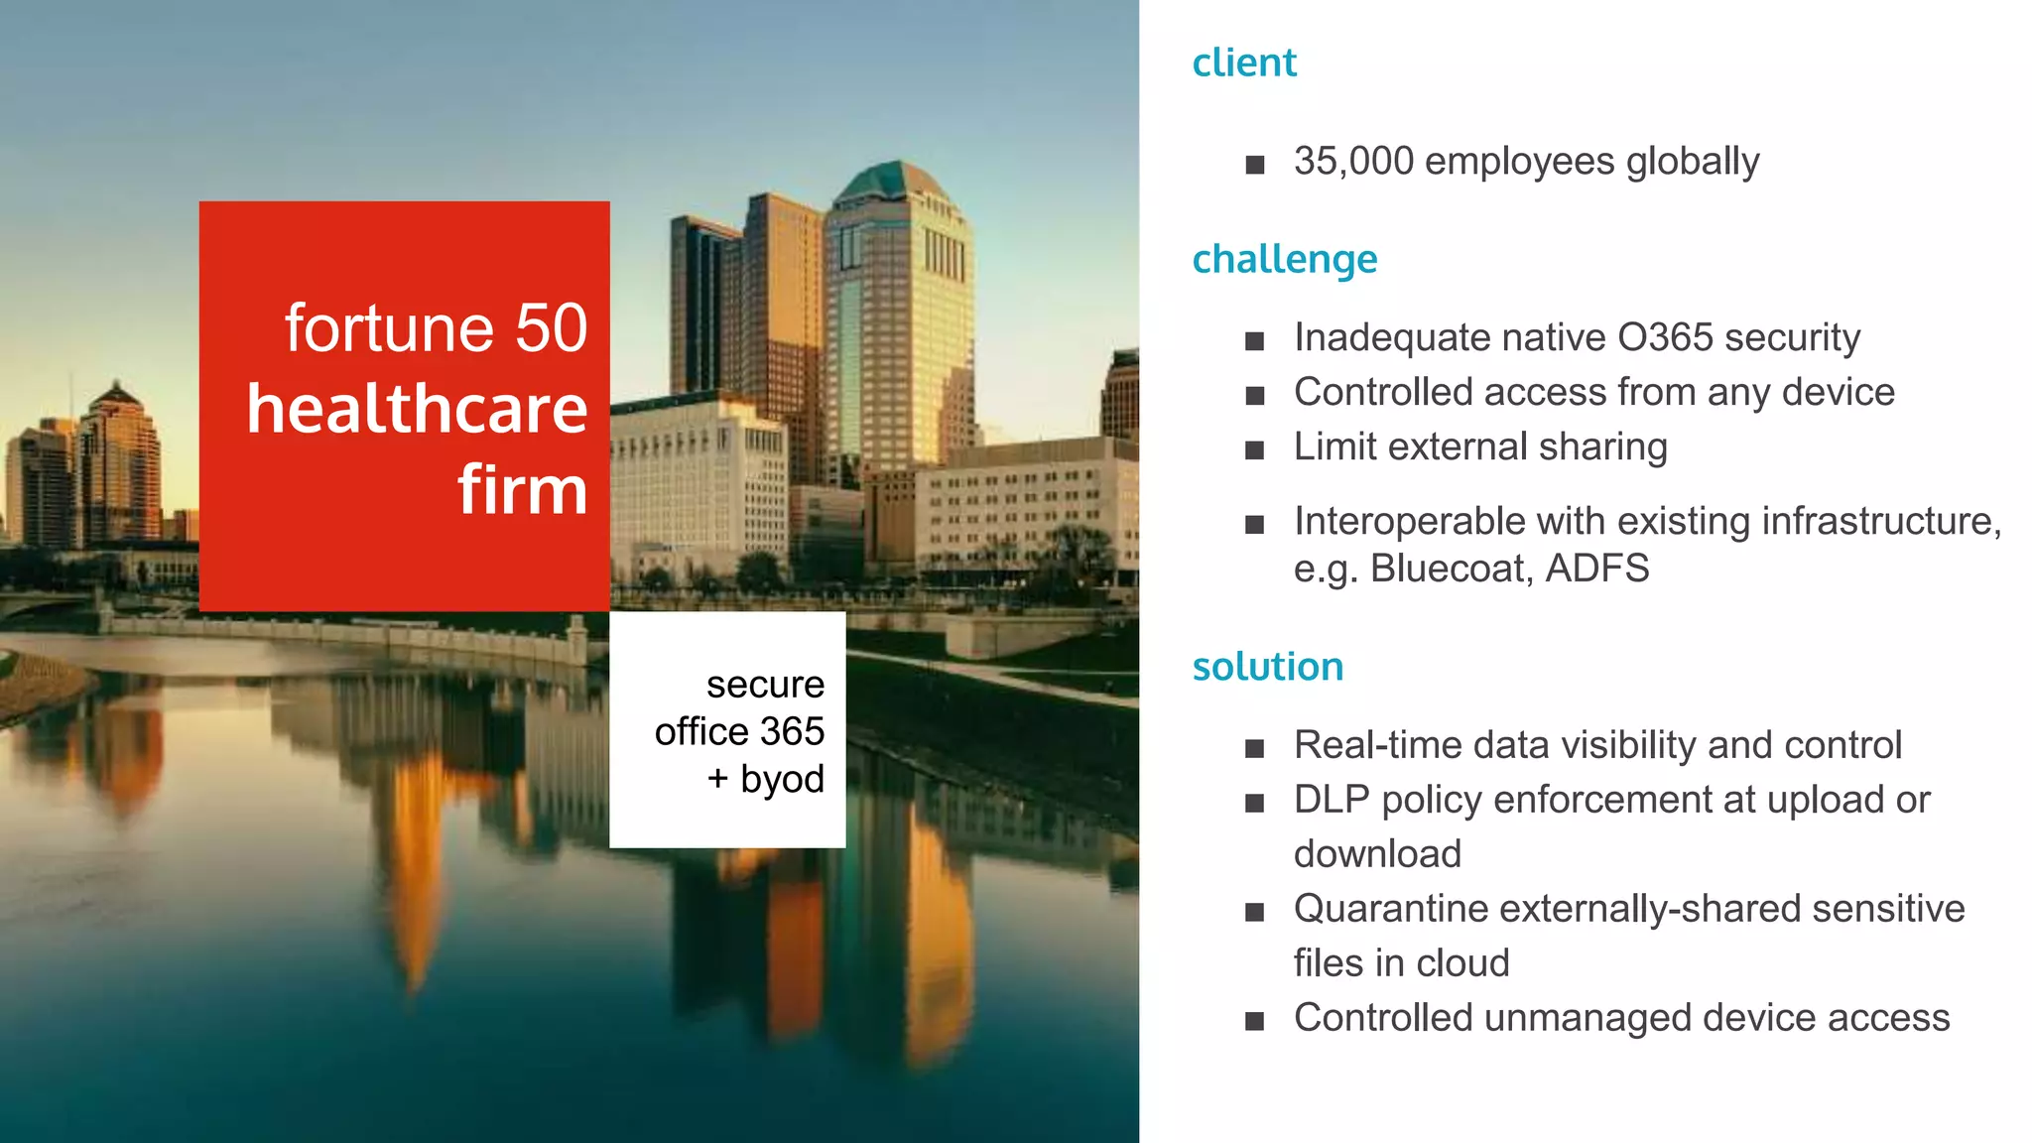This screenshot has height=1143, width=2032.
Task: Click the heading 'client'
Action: [1243, 63]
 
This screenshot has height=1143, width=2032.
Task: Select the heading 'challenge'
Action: [1284, 259]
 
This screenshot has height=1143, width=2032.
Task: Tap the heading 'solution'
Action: [1267, 667]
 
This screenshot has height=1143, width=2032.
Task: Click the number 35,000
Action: [1353, 161]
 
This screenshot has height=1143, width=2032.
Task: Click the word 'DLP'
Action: [1332, 800]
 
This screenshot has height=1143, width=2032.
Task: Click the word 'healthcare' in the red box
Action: [417, 409]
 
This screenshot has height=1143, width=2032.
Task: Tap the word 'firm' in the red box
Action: [522, 490]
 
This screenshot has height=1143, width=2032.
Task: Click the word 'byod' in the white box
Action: [782, 779]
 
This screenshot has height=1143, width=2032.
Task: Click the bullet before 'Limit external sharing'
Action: [1255, 450]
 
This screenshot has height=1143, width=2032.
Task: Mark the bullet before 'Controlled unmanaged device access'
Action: [1255, 1021]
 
